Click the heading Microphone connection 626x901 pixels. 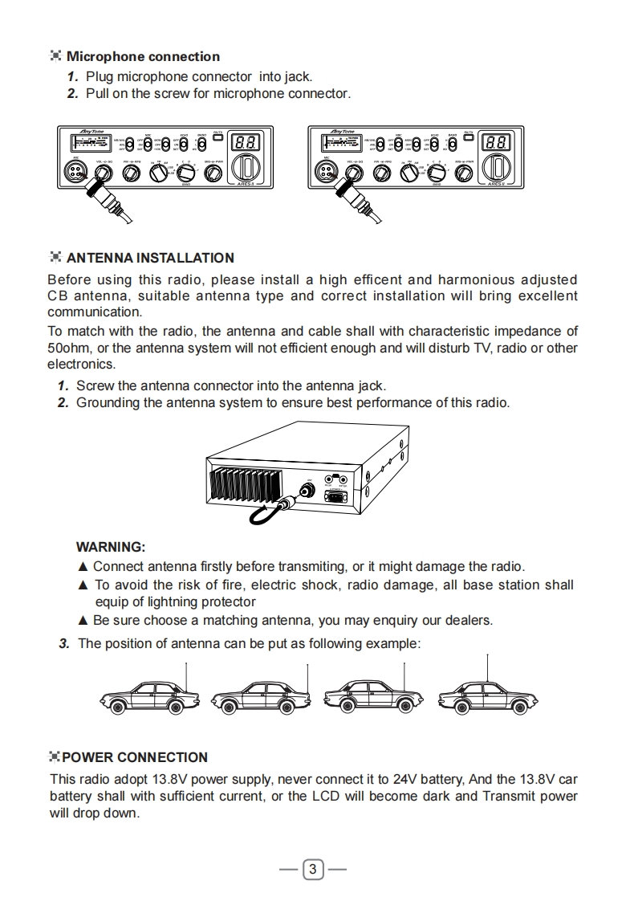click(143, 57)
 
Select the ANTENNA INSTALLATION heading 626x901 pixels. click(150, 258)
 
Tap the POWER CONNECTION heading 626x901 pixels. click(135, 757)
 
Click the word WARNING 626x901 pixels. click(111, 548)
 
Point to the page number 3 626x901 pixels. click(313, 869)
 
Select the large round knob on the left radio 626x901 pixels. click(246, 169)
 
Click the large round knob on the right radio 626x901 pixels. click(498, 169)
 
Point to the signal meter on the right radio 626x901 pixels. click(340, 144)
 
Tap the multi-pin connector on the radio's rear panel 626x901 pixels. click(337, 496)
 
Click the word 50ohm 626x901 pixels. click(71, 348)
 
